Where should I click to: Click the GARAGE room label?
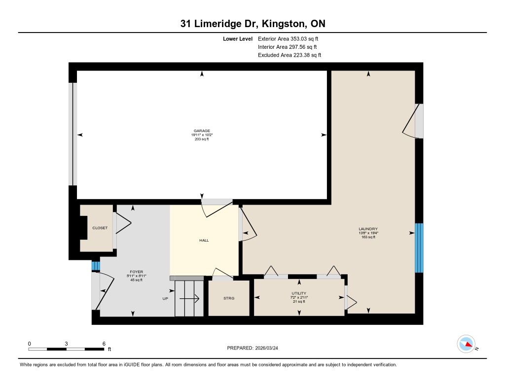[202, 131]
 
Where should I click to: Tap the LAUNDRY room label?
[368, 229]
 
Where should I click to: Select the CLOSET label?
[100, 228]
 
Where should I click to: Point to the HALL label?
[204, 240]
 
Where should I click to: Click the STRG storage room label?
[229, 298]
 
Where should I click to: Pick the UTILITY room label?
[299, 293]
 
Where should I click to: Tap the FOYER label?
[137, 272]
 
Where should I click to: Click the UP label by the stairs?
[165, 298]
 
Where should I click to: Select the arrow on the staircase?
[189, 299]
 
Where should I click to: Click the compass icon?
[466, 344]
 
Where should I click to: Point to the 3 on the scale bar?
[66, 344]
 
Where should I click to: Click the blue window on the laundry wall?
[419, 248]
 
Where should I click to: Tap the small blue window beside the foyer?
[96, 266]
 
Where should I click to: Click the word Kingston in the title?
[284, 24]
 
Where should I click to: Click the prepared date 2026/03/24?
[267, 348]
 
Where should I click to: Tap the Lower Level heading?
[238, 39]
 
